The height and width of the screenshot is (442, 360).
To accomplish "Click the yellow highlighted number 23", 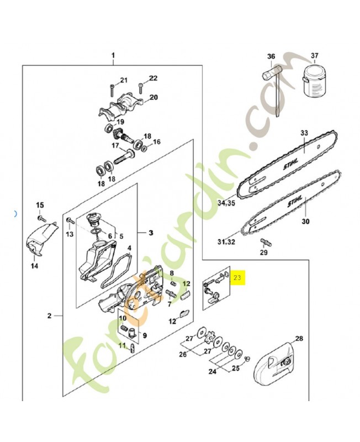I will [238, 277].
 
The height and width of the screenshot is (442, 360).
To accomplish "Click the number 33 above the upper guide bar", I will [304, 133].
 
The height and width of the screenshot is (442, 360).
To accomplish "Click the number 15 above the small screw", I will [39, 206].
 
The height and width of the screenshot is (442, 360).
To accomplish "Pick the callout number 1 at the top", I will [113, 56].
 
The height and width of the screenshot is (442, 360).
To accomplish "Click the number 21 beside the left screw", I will [124, 80].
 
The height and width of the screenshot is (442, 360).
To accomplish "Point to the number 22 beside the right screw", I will [153, 78].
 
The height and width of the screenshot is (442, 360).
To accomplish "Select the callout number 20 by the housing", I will [153, 97].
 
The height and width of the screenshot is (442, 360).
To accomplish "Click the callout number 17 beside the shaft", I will [116, 146].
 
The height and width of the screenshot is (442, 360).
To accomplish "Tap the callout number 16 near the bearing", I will [156, 142].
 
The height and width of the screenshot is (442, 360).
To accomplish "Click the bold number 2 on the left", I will [49, 316].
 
